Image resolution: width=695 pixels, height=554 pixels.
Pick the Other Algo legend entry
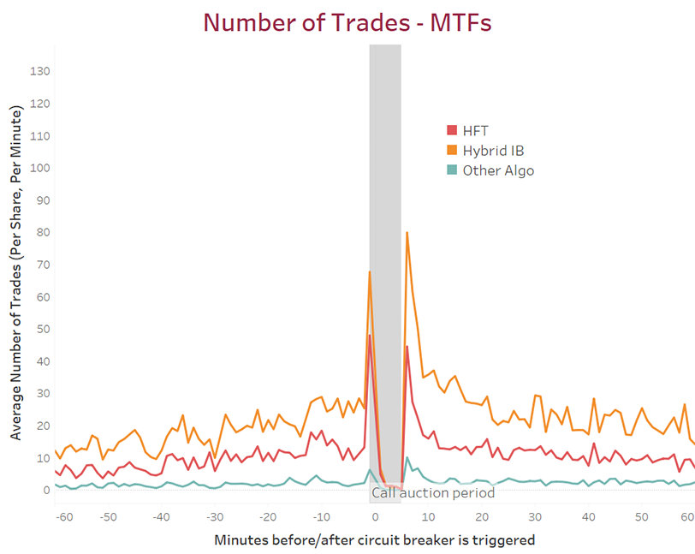pos(498,170)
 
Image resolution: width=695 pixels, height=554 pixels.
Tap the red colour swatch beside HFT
pos(452,130)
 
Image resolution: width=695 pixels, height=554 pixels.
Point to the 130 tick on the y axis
pos(40,71)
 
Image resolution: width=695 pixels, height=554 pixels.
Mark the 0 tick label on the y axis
pos(47,490)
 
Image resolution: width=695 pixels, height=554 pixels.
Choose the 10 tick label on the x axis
pos(429,517)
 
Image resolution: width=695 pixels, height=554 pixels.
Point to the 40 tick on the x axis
pos(590,517)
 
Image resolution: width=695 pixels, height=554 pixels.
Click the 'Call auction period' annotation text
pos(432,493)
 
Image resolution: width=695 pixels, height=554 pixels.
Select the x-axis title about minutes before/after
pos(375,539)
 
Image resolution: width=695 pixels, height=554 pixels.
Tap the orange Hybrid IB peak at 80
pos(407,232)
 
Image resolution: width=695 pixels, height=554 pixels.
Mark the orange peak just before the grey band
pos(370,271)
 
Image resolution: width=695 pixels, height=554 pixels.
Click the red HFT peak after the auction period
pos(407,346)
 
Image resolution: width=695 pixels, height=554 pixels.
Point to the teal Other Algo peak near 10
pos(407,458)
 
